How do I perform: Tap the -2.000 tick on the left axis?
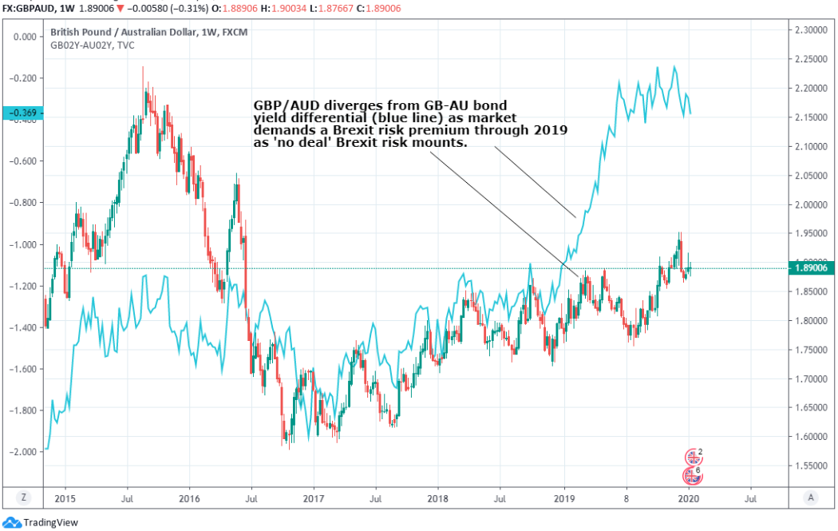[25, 452]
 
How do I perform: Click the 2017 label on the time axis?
[314, 497]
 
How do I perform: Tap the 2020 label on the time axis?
[688, 497]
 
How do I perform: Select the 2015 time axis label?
[65, 497]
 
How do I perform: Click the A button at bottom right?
[811, 497]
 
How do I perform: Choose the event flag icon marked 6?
[693, 476]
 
